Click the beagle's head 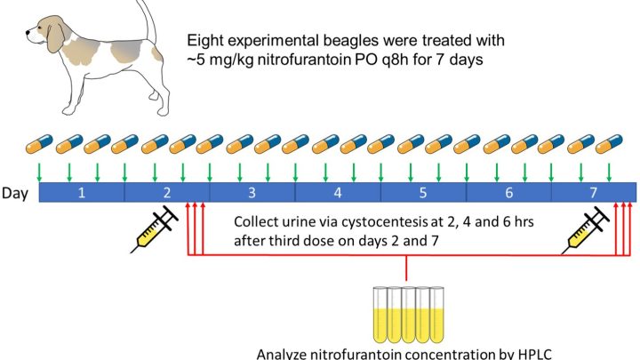[45, 33]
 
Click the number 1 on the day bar [82, 192]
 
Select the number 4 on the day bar [338, 192]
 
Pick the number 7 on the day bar [593, 192]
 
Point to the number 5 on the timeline [423, 192]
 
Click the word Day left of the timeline [15, 193]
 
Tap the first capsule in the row [39, 144]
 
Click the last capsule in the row [609, 144]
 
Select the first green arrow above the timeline [39, 172]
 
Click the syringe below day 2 [155, 229]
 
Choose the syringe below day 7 [586, 230]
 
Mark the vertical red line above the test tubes [406, 268]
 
